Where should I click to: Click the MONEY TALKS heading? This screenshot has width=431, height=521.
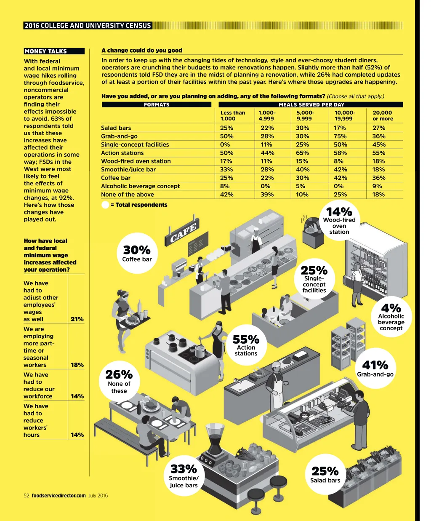(45, 51)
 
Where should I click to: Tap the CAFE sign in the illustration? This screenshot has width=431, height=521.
(183, 233)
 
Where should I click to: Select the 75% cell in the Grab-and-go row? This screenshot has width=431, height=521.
(340, 136)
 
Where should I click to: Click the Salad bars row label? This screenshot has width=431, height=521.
(116, 128)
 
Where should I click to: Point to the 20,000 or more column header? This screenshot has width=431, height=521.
(382, 115)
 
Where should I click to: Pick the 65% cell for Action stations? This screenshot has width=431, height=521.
(302, 153)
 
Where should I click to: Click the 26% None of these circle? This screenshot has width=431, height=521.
(119, 380)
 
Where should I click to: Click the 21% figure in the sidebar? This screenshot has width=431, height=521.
(77, 319)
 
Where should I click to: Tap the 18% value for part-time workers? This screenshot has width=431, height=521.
(77, 365)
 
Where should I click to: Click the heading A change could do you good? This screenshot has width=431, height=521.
(142, 51)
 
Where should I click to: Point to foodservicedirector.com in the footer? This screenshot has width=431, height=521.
(59, 496)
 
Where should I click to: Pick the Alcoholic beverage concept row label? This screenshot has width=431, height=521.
(140, 186)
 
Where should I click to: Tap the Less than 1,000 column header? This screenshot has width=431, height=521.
(232, 115)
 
